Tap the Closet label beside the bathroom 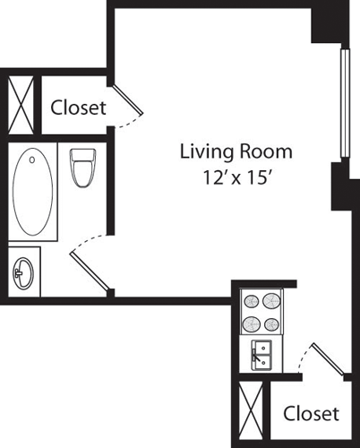pyautogui.click(x=78, y=108)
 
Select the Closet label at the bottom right pyautogui.click(x=311, y=413)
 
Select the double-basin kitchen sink pyautogui.click(x=261, y=355)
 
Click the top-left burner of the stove pyautogui.click(x=251, y=302)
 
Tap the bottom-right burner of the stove pyautogui.click(x=271, y=323)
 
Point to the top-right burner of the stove pyautogui.click(x=271, y=302)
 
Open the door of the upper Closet pyautogui.click(x=126, y=103)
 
